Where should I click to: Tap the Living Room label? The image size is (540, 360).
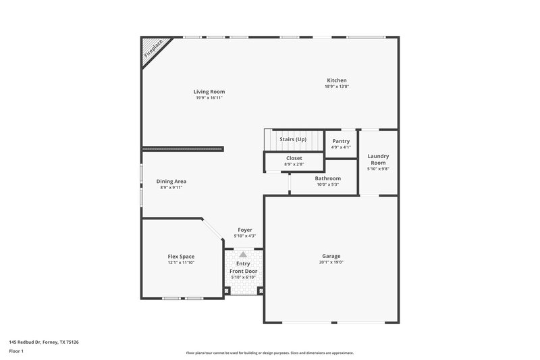click(209, 91)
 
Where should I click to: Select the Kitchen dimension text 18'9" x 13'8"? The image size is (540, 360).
click(336, 86)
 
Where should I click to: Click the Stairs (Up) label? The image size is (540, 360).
click(293, 139)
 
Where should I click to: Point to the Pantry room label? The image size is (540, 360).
click(341, 141)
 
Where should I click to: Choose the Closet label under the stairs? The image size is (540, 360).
click(294, 158)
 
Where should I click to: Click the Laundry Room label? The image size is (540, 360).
click(378, 159)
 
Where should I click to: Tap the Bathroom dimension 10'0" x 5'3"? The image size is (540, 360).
click(328, 184)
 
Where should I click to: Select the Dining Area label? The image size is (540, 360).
click(171, 181)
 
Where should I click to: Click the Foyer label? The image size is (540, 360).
click(244, 230)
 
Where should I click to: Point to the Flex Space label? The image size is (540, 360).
click(181, 257)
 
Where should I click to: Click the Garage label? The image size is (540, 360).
click(331, 256)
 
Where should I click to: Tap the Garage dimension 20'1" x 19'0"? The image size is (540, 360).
click(331, 262)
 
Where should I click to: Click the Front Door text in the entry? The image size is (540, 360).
click(243, 271)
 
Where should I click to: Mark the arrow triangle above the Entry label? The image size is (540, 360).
click(243, 254)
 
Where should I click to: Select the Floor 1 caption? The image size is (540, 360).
click(17, 351)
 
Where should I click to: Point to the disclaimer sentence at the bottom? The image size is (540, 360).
click(270, 353)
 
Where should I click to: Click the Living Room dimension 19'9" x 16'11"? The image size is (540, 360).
click(209, 98)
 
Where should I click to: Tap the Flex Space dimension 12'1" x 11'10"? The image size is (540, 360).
click(181, 263)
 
